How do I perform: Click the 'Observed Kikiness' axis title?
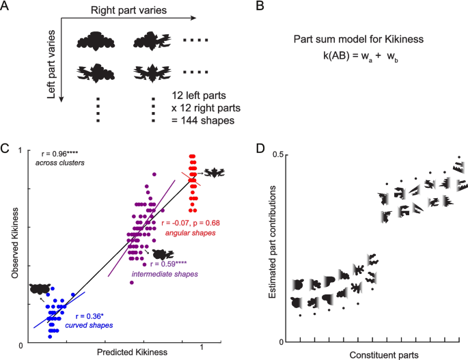10,247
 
